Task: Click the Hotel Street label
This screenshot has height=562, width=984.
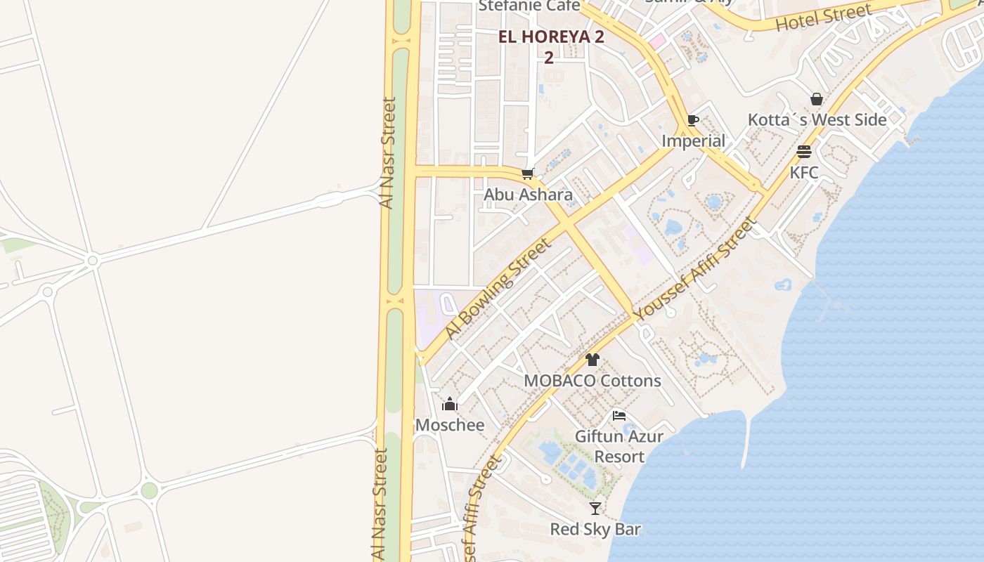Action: pyautogui.click(x=823, y=18)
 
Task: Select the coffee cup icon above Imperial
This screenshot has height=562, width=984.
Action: pyautogui.click(x=693, y=120)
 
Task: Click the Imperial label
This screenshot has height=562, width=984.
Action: pyautogui.click(x=693, y=141)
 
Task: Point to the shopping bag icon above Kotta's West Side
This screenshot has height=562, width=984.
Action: pyautogui.click(x=817, y=99)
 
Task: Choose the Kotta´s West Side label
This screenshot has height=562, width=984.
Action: pyautogui.click(x=817, y=120)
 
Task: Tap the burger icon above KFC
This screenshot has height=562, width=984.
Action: pyautogui.click(x=804, y=152)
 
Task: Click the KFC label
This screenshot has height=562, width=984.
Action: pyautogui.click(x=804, y=172)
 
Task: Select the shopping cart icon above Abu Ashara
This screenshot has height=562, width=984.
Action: pyautogui.click(x=528, y=174)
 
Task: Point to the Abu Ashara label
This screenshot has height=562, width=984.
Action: pyautogui.click(x=528, y=195)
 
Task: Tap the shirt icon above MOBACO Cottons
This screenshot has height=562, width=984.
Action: pyautogui.click(x=593, y=360)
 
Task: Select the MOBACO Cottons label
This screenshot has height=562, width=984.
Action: pyautogui.click(x=593, y=381)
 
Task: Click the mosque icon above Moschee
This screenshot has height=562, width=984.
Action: pyautogui.click(x=450, y=404)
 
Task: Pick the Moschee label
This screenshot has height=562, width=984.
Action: pyautogui.click(x=450, y=425)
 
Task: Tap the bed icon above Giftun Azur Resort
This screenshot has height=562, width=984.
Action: pyautogui.click(x=619, y=415)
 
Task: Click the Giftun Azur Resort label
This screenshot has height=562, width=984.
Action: pyautogui.click(x=619, y=446)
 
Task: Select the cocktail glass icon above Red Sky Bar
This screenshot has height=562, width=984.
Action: pyautogui.click(x=595, y=508)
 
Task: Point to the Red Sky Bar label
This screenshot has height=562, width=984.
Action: pyautogui.click(x=595, y=529)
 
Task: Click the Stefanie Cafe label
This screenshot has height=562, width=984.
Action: pyautogui.click(x=529, y=6)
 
